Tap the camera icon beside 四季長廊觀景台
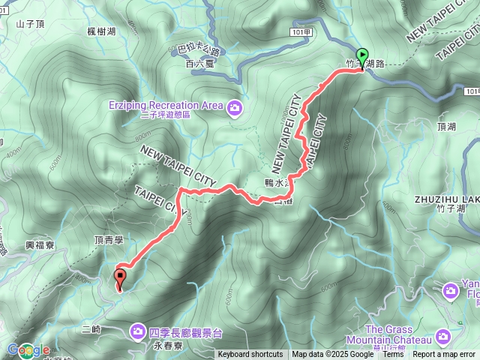coord(138,330)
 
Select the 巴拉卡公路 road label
coord(198,52)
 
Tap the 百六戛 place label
coord(199,64)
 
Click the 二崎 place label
coord(91,329)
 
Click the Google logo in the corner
coord(28,349)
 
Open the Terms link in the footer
coord(392,355)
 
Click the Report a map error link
coord(444,355)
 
